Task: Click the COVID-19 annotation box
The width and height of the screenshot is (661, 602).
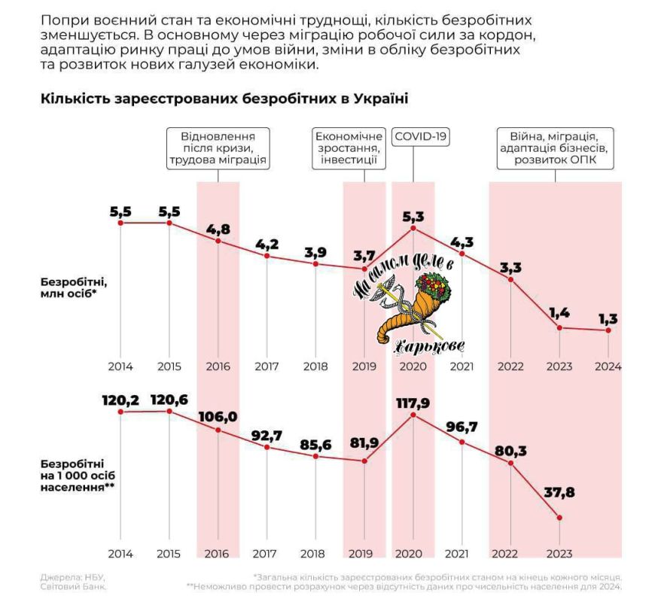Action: point(420,138)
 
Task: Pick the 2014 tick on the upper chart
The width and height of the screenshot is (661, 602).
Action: point(120,367)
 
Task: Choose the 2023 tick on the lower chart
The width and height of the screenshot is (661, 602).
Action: point(559,554)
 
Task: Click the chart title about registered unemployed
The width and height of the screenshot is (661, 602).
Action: point(224,99)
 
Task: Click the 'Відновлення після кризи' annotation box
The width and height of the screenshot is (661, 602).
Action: point(218,149)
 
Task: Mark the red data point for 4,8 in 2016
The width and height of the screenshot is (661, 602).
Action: point(218,241)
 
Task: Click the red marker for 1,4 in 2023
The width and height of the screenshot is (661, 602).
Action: point(559,327)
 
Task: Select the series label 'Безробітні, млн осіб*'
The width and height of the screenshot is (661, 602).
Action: point(74,288)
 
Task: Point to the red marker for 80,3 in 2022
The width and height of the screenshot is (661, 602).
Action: point(511,463)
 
